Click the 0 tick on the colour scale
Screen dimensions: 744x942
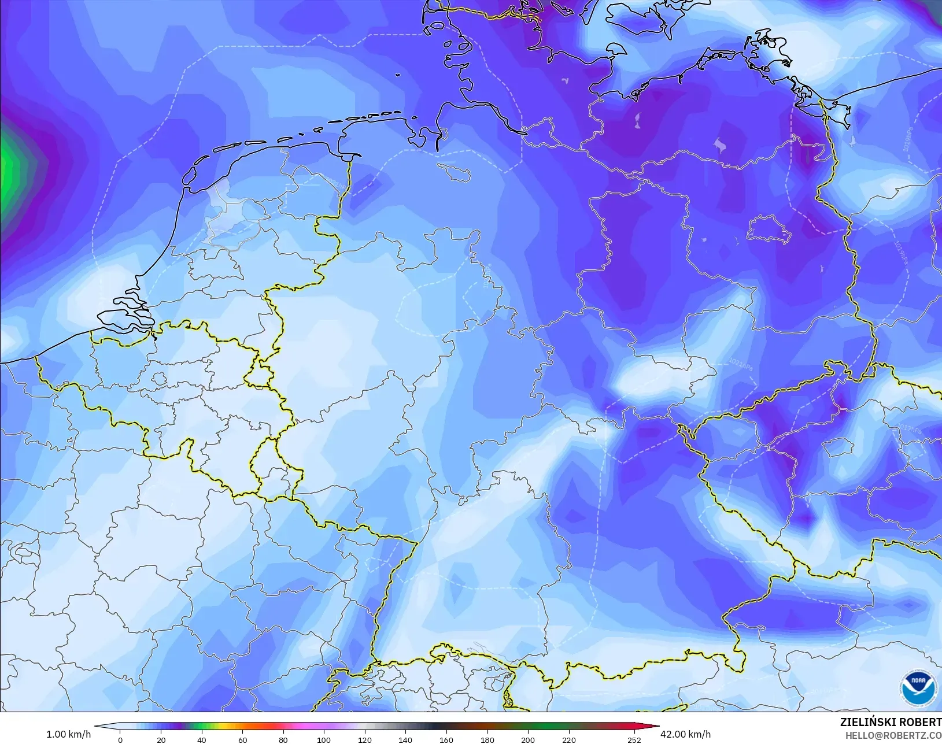click(x=120, y=739)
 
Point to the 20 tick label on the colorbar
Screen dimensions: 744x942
click(x=161, y=739)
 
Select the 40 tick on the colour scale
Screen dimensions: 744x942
click(x=202, y=739)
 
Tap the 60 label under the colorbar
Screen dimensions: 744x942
click(x=242, y=739)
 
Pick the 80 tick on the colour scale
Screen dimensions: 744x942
click(x=283, y=739)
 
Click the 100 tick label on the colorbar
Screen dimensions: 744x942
click(x=324, y=739)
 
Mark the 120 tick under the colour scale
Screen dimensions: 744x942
click(x=365, y=739)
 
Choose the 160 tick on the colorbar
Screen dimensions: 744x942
click(x=446, y=739)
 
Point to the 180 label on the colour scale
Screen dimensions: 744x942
click(x=487, y=739)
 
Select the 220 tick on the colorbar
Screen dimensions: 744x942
click(x=568, y=739)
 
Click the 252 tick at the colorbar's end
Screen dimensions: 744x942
click(x=634, y=739)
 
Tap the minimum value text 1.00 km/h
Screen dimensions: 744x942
click(x=68, y=734)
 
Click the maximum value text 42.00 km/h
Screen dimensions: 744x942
click(x=685, y=734)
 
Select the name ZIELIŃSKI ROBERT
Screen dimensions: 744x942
click(x=891, y=723)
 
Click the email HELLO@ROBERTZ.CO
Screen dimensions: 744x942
click(x=893, y=735)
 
